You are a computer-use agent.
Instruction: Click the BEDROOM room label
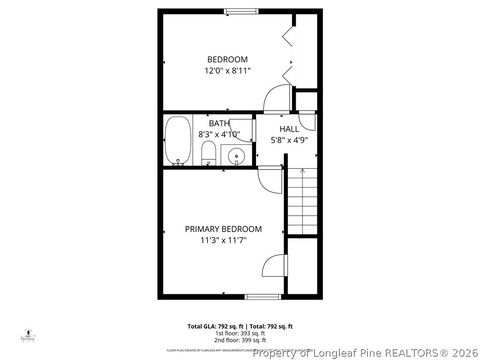point(227,59)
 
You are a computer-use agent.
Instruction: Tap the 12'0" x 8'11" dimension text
point(227,71)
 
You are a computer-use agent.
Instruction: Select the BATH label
point(219,123)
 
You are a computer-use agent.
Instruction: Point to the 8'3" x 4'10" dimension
point(219,134)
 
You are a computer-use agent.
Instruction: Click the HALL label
point(289,129)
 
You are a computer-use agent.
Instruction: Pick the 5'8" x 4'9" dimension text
point(289,141)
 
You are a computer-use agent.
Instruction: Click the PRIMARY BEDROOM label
point(223,229)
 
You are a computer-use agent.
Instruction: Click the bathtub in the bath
point(178,140)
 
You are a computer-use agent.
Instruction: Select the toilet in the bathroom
point(208,153)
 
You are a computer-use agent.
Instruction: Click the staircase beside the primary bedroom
point(302,200)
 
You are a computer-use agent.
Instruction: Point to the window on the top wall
point(240,11)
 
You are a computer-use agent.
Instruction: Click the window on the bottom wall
point(262,296)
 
